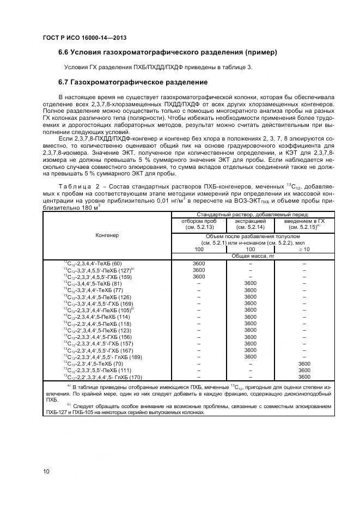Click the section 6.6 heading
(x=168, y=53)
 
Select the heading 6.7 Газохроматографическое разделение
(x=133, y=82)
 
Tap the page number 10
(x=46, y=471)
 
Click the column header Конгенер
(x=107, y=235)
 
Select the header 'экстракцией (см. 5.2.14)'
(x=250, y=224)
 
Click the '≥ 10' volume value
(x=304, y=249)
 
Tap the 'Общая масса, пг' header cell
(x=250, y=256)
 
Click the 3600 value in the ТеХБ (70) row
(x=304, y=363)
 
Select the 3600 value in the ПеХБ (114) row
(x=250, y=317)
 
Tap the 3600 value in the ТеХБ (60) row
(x=198, y=264)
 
